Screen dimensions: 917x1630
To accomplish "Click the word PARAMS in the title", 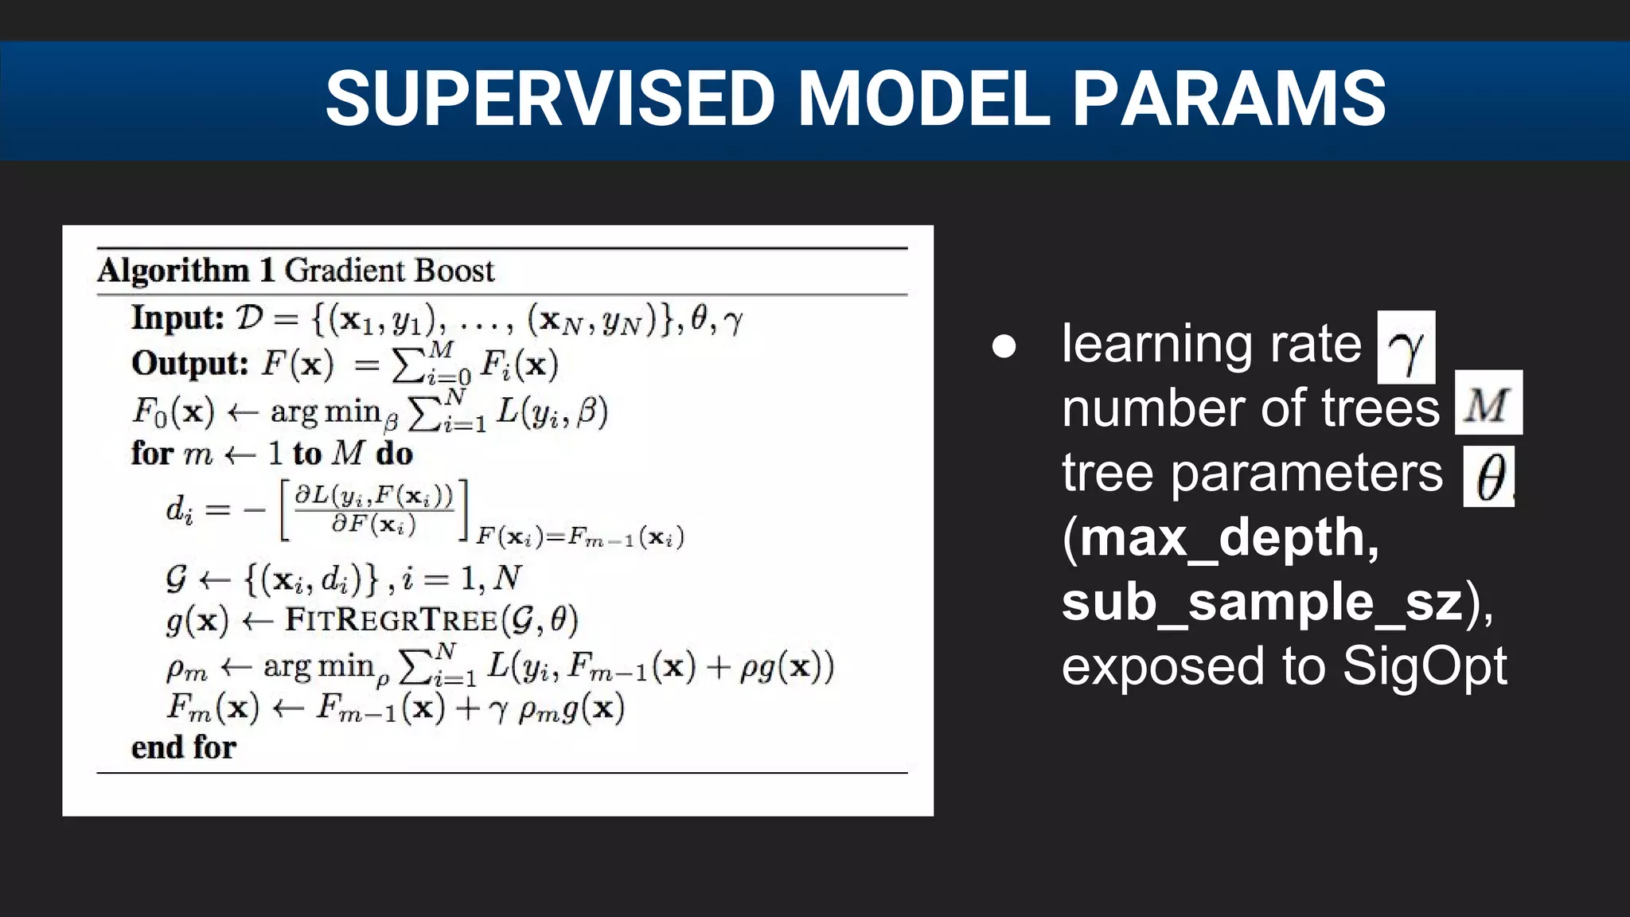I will (x=1229, y=99).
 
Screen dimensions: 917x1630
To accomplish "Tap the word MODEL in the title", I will (x=923, y=99).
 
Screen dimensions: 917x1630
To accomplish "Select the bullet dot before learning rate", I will (x=1004, y=346).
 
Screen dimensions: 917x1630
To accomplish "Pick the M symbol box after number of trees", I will (x=1488, y=403).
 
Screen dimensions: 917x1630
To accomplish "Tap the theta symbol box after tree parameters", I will (x=1488, y=476).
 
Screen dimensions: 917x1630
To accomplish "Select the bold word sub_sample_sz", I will (x=1262, y=602).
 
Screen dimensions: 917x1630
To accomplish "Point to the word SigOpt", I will (x=1425, y=665).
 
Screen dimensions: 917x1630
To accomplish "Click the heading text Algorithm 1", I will (x=185, y=271).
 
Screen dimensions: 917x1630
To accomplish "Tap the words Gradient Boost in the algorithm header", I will (x=389, y=271).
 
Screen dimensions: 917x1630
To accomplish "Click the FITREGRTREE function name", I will (x=391, y=619).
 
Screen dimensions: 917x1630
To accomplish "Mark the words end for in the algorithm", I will (x=184, y=747).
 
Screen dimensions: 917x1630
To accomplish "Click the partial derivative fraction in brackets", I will (x=373, y=509).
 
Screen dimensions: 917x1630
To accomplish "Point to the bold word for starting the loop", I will (x=152, y=454).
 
